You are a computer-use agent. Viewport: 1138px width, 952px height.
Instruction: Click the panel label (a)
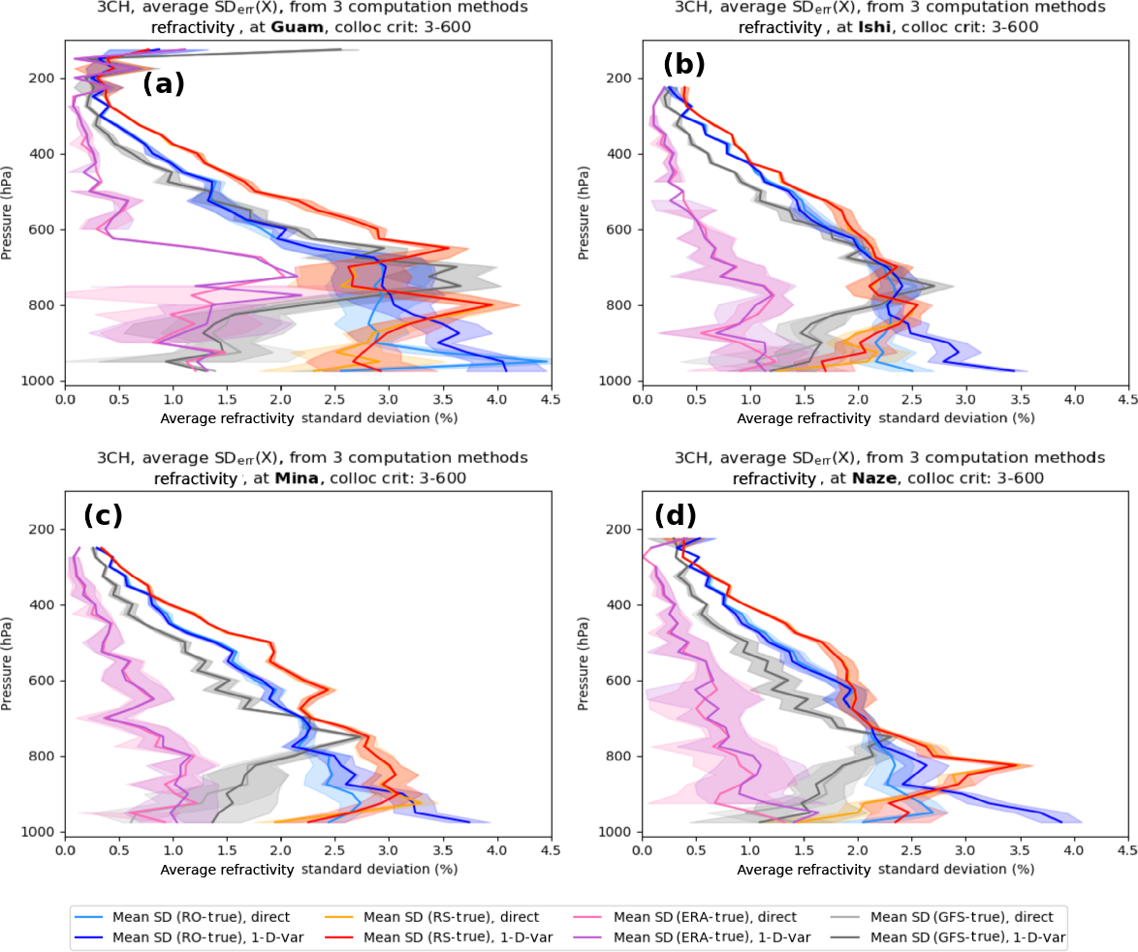tap(163, 84)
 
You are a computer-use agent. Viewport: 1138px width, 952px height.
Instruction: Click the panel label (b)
tap(684, 65)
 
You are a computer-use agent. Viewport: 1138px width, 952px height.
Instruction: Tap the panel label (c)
tap(104, 515)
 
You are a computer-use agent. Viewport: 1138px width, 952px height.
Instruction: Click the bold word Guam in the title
tap(298, 27)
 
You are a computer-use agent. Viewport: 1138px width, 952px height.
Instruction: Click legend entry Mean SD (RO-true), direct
tap(200, 916)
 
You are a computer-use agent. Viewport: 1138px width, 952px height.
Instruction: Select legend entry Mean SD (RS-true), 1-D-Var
tap(469, 937)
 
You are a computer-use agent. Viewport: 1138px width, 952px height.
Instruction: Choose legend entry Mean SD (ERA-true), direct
tap(706, 916)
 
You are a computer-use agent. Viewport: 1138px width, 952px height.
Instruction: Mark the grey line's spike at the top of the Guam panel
tap(340, 49)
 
